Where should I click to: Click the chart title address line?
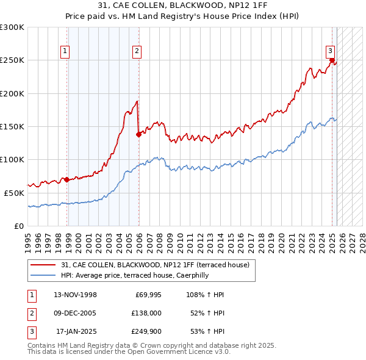click(x=182, y=5)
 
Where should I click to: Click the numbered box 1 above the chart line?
click(x=64, y=51)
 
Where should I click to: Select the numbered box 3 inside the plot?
click(x=329, y=51)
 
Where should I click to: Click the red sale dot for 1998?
click(x=66, y=180)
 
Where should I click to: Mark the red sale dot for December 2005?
click(x=138, y=135)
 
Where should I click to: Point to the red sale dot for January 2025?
click(x=332, y=60)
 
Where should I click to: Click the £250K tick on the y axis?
click(x=12, y=60)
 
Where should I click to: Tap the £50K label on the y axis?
click(x=14, y=193)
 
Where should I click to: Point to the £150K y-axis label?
click(x=12, y=126)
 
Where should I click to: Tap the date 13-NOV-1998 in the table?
click(x=75, y=295)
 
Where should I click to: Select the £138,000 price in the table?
click(x=147, y=313)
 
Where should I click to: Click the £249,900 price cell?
click(x=147, y=332)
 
